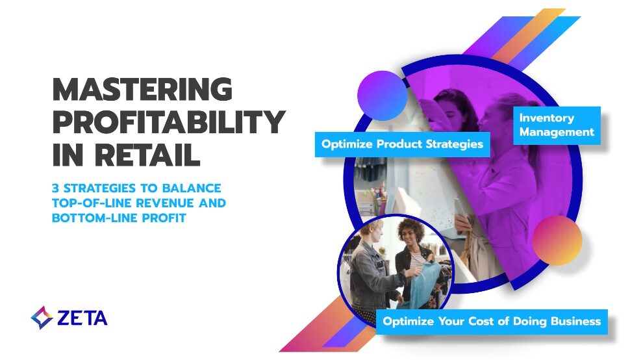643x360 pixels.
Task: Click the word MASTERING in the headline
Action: [x=142, y=89]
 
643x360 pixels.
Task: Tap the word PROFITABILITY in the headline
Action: [x=168, y=122]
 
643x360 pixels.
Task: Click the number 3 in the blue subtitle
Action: [x=56, y=188]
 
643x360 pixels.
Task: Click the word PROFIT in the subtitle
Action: [x=163, y=218]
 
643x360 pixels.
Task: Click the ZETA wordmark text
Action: [x=82, y=318]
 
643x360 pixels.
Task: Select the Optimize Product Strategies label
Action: [x=403, y=144]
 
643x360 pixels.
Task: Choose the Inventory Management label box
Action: [x=556, y=125]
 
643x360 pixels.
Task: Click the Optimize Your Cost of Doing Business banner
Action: [x=492, y=321]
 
